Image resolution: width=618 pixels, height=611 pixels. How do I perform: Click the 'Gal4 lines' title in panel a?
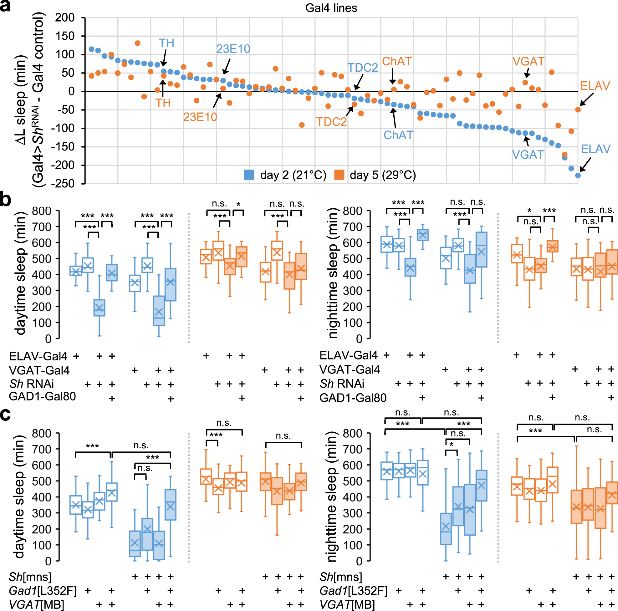pyautogui.click(x=331, y=8)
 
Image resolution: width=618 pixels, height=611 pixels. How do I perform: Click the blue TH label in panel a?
pyautogui.click(x=166, y=43)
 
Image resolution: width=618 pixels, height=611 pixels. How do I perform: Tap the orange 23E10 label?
pyautogui.click(x=200, y=117)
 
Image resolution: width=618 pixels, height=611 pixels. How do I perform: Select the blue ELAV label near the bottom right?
pyautogui.click(x=595, y=149)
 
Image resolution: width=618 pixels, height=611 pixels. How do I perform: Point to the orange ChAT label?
pyautogui.click(x=397, y=61)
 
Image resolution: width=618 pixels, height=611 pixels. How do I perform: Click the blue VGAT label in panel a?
pyautogui.click(x=528, y=155)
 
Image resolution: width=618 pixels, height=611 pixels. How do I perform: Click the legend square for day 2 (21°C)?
pyautogui.click(x=249, y=175)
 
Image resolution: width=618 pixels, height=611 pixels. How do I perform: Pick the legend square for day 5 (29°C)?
pyautogui.click(x=339, y=175)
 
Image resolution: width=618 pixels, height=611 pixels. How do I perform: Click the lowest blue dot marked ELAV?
pyautogui.click(x=578, y=175)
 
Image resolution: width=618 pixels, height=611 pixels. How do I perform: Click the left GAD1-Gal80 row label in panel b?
pyautogui.click(x=42, y=396)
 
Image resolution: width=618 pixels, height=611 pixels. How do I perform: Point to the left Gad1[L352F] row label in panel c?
pyautogui.click(x=43, y=591)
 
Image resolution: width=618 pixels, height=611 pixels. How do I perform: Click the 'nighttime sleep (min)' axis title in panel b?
pyautogui.click(x=333, y=273)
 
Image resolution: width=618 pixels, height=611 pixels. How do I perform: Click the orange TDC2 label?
pyautogui.click(x=331, y=122)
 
